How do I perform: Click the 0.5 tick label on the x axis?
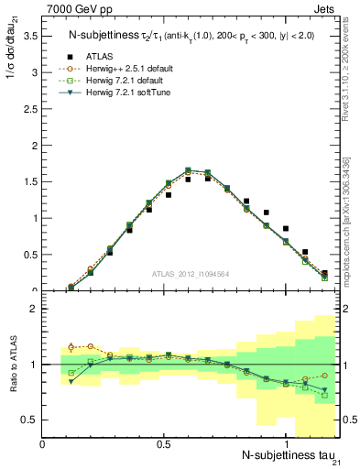click(164, 444)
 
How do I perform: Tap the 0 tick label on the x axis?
click(43, 444)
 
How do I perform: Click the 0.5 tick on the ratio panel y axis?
click(30, 420)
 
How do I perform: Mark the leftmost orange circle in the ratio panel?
click(71, 347)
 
